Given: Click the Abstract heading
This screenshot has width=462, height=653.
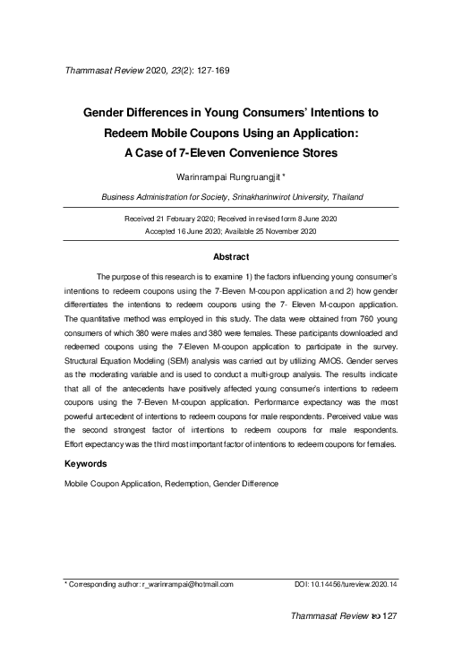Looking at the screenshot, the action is click(x=230, y=256).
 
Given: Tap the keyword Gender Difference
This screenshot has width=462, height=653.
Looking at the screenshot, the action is click(x=244, y=484).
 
